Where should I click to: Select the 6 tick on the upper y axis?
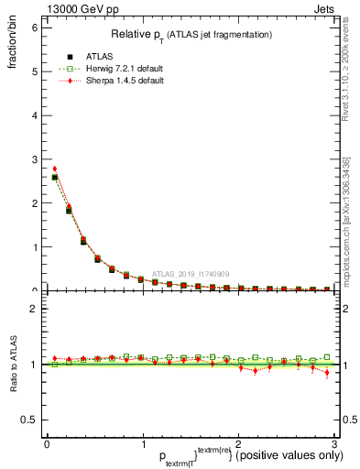click(34, 27)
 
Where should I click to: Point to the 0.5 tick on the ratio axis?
click(29, 420)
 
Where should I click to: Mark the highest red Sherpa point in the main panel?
click(55, 169)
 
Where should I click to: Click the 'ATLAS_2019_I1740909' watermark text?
click(192, 273)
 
